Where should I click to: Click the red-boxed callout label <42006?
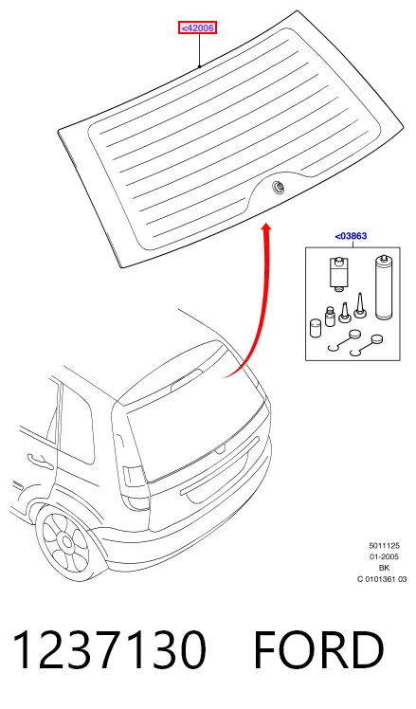tap(197, 28)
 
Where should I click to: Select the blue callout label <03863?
tap(351, 236)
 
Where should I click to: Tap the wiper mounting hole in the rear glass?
tap(276, 187)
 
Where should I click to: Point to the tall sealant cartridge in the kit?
tap(383, 287)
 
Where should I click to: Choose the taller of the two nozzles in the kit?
tap(360, 304)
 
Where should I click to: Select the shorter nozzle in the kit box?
tap(345, 312)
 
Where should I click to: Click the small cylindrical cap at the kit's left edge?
tap(316, 328)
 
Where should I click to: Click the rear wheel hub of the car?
tap(67, 541)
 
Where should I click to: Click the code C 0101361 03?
tap(382, 579)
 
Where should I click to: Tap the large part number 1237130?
tap(109, 650)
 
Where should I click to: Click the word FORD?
tap(318, 650)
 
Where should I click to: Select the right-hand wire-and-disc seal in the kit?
tap(367, 346)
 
